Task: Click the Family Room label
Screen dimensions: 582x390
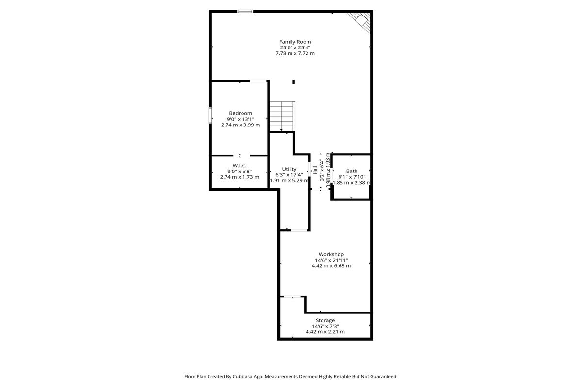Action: click(295, 42)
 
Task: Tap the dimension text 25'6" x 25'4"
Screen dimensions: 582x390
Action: click(295, 47)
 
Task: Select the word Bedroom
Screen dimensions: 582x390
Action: click(241, 113)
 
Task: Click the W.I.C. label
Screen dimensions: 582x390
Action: click(240, 165)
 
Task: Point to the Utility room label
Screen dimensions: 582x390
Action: click(289, 169)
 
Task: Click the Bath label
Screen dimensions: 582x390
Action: click(352, 171)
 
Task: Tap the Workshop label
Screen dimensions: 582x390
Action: click(331, 254)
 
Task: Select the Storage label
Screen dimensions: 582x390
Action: click(325, 320)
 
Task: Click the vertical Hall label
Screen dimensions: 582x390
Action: click(315, 170)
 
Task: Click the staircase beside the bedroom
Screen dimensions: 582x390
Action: click(282, 116)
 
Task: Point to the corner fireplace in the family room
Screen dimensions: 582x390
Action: click(360, 22)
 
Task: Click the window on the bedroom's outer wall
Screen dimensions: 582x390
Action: click(210, 115)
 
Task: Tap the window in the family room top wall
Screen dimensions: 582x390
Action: click(245, 12)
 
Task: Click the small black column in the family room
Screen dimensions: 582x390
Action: click(293, 82)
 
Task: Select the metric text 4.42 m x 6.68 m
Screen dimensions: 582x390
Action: click(331, 265)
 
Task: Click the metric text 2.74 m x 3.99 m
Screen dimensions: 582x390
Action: click(241, 125)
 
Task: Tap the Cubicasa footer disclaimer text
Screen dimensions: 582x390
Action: click(291, 377)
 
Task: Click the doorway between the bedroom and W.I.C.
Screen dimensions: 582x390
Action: click(242, 156)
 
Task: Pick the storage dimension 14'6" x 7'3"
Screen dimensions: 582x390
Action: click(325, 326)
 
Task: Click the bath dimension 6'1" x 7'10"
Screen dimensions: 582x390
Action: click(352, 177)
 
